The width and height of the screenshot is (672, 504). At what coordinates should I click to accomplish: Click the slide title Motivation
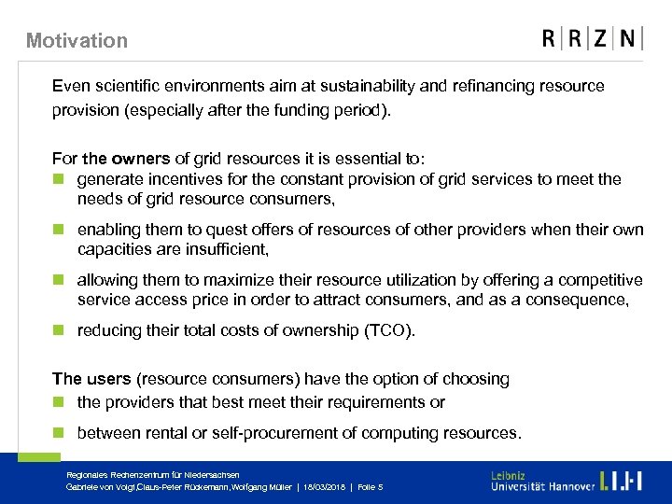[77, 40]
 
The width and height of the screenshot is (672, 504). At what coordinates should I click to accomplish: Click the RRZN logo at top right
[592, 38]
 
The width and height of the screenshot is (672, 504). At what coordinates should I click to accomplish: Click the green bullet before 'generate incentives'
[58, 179]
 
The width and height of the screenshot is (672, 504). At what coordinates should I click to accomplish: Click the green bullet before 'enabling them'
[58, 230]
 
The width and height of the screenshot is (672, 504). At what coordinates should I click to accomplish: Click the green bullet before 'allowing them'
[58, 280]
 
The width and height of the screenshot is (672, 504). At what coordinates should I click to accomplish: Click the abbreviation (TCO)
[387, 330]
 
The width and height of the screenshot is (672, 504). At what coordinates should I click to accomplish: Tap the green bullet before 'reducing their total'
[58, 330]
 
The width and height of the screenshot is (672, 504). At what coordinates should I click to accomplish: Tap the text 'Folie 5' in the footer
[369, 487]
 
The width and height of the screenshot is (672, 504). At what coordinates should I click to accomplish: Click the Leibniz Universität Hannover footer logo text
[542, 481]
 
